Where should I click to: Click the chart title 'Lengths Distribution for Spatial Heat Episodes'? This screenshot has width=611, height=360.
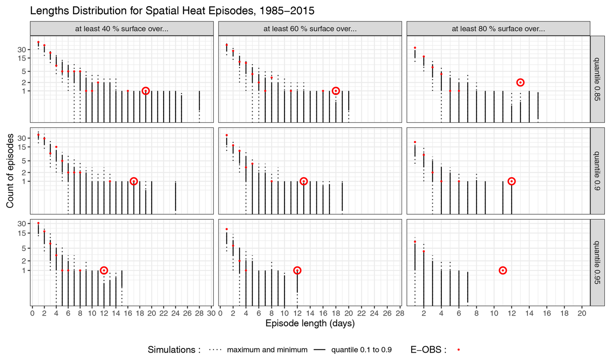[172, 11]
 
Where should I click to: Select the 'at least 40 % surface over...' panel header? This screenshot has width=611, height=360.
[122, 29]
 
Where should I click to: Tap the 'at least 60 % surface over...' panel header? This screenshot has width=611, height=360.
[310, 29]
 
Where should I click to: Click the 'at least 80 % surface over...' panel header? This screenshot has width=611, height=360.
[498, 29]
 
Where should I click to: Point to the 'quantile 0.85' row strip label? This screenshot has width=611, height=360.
[597, 79]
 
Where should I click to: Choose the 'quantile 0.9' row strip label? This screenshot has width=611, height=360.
[597, 171]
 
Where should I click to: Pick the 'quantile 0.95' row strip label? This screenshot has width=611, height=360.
[597, 262]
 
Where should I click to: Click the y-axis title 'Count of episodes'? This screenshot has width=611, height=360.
[10, 171]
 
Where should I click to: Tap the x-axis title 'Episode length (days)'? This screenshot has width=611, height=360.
[310, 323]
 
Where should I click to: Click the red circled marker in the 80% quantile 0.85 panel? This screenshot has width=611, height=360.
[520, 83]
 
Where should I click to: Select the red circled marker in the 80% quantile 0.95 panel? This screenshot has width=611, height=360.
[503, 271]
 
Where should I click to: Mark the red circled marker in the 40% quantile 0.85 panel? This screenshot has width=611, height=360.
[146, 91]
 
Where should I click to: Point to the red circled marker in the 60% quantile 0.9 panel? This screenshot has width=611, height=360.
[304, 181]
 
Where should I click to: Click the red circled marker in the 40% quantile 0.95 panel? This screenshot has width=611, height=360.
[104, 271]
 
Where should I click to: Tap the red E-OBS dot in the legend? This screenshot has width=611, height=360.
[459, 350]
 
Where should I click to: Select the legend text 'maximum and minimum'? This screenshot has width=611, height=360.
[267, 350]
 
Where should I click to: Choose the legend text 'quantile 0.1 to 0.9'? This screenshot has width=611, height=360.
[361, 350]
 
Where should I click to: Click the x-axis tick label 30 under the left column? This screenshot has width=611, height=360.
[211, 313]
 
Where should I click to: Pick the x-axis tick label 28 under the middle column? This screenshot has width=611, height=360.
[400, 313]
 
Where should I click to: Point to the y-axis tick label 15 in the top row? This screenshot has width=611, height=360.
[22, 58]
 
